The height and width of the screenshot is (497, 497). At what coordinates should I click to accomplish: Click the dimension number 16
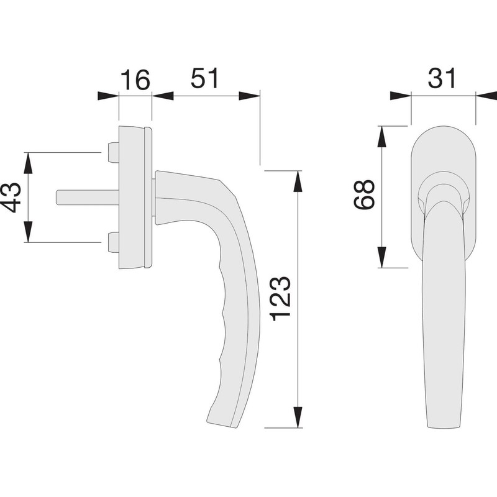134,80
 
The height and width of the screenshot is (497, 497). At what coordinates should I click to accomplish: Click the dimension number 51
204,80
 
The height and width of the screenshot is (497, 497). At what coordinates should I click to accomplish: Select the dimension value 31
442,78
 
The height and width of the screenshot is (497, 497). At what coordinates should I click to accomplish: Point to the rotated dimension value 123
281,299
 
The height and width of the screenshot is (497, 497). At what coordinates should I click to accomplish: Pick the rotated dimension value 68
363,195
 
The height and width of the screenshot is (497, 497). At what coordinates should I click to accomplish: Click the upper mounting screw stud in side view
112,152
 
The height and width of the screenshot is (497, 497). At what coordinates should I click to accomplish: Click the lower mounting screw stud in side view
112,242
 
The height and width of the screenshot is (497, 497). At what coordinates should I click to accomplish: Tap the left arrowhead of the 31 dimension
400,96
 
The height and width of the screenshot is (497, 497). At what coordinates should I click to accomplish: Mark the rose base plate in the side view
134,198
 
